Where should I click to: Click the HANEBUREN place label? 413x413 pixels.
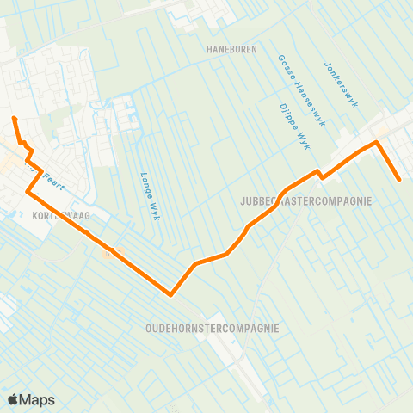click(x=231, y=50)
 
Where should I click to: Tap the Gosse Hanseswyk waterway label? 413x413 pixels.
click(x=302, y=91)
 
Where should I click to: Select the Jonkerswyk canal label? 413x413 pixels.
click(x=341, y=84)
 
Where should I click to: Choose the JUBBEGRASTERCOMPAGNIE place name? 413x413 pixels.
click(x=306, y=201)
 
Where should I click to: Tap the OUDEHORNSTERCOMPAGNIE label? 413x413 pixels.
click(x=212, y=328)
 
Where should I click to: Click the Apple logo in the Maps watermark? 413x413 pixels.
click(x=14, y=399)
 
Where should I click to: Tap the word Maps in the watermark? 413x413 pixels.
click(x=37, y=399)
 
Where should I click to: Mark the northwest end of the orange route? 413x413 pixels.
click(x=14, y=118)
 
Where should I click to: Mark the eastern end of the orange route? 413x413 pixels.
click(x=400, y=180)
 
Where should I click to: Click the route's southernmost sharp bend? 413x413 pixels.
click(x=171, y=294)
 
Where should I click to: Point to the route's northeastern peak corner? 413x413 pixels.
click(x=376, y=142)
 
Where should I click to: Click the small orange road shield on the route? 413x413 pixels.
click(x=108, y=252)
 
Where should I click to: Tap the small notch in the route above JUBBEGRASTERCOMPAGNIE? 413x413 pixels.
click(x=320, y=175)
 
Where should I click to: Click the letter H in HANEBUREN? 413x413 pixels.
click(x=209, y=50)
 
